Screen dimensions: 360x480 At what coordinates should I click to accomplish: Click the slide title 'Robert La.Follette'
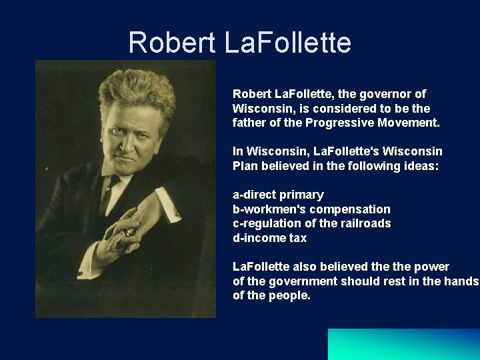pyautogui.click(x=239, y=43)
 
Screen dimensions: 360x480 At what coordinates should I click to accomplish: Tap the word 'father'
pyautogui.click(x=249, y=123)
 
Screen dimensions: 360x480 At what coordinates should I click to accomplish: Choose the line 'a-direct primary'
pyautogui.click(x=278, y=195)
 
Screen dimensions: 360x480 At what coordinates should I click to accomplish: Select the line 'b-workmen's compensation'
pyautogui.click(x=311, y=209)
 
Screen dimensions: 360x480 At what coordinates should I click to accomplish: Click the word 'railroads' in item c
pyautogui.click(x=366, y=223)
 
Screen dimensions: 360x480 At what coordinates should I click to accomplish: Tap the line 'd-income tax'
pyautogui.click(x=269, y=238)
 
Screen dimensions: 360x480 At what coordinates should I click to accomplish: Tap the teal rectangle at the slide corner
pyautogui.click(x=403, y=344)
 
